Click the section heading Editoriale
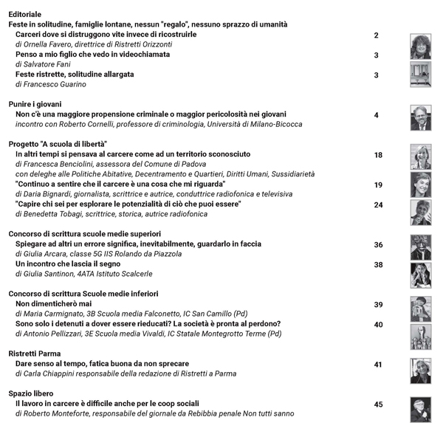25,14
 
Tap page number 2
377,35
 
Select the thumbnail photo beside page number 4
420,117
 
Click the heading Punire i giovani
35,104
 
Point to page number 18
378,155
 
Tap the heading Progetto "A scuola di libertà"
58,144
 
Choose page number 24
378,205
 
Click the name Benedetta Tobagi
52,214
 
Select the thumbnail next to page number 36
420,247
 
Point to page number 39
378,305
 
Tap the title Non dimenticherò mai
53,303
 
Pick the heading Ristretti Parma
35,354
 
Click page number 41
378,365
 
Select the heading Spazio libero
31,393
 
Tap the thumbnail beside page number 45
420,408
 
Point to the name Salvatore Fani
46,64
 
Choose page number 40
378,325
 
